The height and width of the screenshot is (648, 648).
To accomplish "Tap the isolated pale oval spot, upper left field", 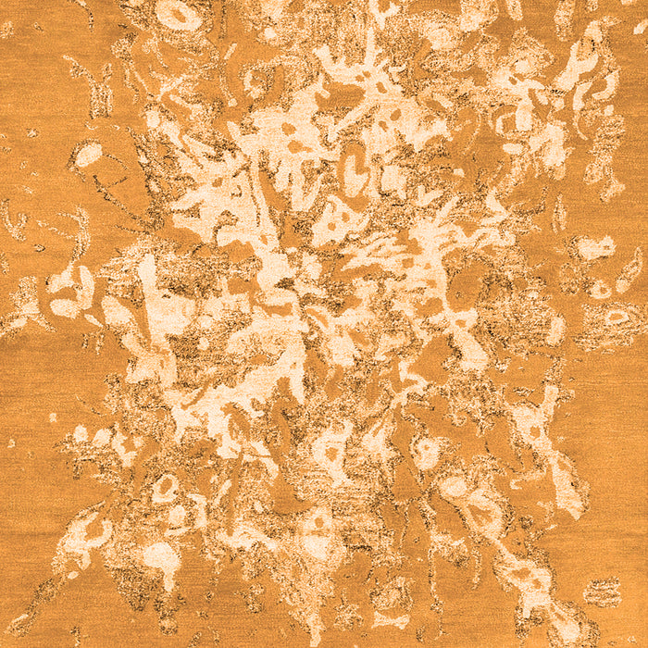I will (88, 155).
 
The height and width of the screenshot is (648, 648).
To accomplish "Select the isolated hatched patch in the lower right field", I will (603, 591).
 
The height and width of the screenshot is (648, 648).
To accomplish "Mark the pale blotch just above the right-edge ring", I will (592, 247).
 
